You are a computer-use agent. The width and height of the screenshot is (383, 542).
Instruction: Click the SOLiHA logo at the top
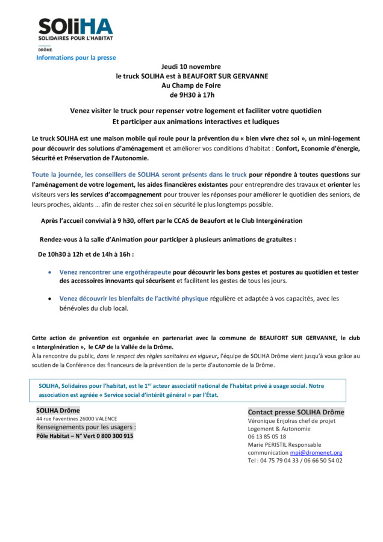point(75,29)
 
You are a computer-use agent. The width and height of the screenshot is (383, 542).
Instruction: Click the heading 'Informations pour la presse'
point(76,58)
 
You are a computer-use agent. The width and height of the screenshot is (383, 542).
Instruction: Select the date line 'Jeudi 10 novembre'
point(191,67)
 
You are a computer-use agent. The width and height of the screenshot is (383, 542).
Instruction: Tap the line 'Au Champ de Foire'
point(191,86)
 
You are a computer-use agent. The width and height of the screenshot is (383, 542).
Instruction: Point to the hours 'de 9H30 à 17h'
point(191,95)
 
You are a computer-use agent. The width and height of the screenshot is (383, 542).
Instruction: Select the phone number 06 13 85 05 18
point(267,437)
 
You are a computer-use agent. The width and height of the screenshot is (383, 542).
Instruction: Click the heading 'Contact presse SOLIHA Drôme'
point(296,412)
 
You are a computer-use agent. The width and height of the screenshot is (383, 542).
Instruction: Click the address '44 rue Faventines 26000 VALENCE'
point(76,419)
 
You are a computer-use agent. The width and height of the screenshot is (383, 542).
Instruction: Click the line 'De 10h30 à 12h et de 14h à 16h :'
point(86,254)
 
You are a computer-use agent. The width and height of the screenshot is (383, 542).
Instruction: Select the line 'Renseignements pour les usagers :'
point(86,427)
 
